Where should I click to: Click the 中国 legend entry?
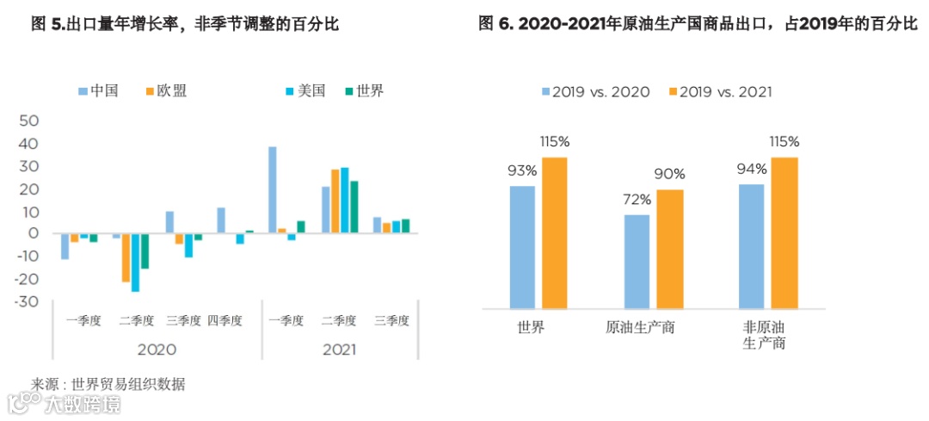tap(98, 90)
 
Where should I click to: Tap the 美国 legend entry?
tap(305, 90)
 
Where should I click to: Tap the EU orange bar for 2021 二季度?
tap(335, 201)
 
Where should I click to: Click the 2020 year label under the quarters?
tap(157, 350)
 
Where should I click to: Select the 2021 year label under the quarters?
tap(339, 350)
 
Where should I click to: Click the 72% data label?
tap(637, 200)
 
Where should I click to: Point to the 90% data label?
tap(669, 174)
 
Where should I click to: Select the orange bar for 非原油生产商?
tap(784, 232)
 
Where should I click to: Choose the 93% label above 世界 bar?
tap(522, 170)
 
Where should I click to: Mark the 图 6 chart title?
tap(698, 24)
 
